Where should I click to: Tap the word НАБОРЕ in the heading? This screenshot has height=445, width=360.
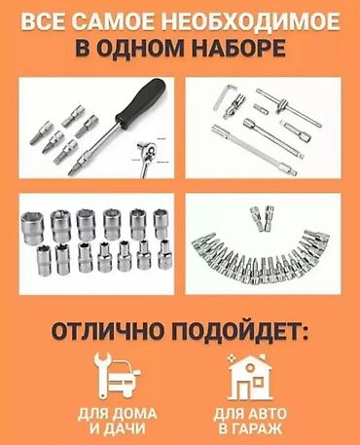click(x=238, y=48)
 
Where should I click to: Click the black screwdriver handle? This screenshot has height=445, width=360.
click(x=142, y=100)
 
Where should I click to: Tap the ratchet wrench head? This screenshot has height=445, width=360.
click(x=148, y=153)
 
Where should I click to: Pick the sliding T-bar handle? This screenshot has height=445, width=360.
click(x=289, y=107)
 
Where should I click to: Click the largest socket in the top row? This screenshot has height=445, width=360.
click(x=32, y=228)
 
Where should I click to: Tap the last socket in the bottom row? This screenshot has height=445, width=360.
click(x=165, y=254)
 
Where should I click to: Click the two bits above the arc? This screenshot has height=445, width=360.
click(x=262, y=218)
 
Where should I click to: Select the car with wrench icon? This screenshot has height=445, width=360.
click(x=117, y=377)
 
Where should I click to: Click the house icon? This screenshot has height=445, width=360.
click(x=250, y=377)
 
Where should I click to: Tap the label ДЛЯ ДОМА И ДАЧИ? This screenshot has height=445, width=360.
click(x=117, y=422)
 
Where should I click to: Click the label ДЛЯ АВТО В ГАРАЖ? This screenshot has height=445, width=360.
click(x=250, y=422)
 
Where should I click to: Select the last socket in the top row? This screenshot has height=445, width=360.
click(x=161, y=224)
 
